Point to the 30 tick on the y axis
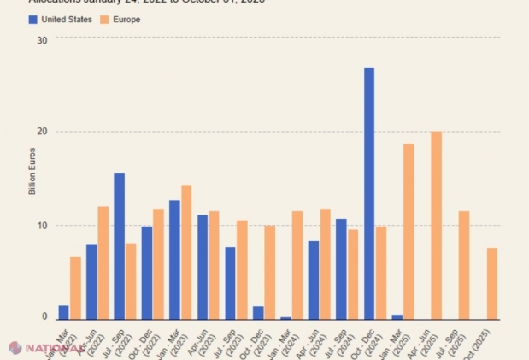click(x=43, y=38)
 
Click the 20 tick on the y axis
click(x=43, y=132)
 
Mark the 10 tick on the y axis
click(x=43, y=225)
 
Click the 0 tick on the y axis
click(x=44, y=317)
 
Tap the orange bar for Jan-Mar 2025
click(x=409, y=231)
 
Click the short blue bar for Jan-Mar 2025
click(x=397, y=316)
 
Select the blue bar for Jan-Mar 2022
click(x=63, y=312)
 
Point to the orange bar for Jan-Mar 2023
click(x=186, y=251)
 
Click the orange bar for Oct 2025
click(x=492, y=283)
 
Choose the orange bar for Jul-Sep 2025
click(x=464, y=264)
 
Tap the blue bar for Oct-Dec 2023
click(x=258, y=312)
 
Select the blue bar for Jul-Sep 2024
click(x=341, y=269)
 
